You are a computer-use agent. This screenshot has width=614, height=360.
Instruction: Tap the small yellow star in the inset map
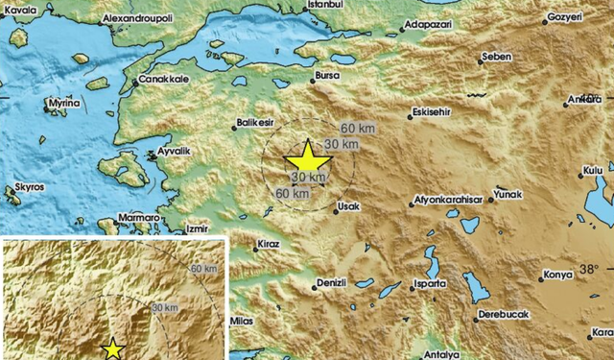click(x=114, y=348)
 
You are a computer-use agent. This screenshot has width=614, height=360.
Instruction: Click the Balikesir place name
click(x=254, y=123)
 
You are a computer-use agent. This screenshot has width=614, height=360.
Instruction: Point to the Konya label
click(x=557, y=276)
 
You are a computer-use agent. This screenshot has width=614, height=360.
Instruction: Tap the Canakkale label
click(x=161, y=80)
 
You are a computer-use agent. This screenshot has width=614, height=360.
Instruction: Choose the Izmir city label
click(x=197, y=229)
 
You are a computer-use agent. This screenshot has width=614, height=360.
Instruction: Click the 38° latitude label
click(x=587, y=268)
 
